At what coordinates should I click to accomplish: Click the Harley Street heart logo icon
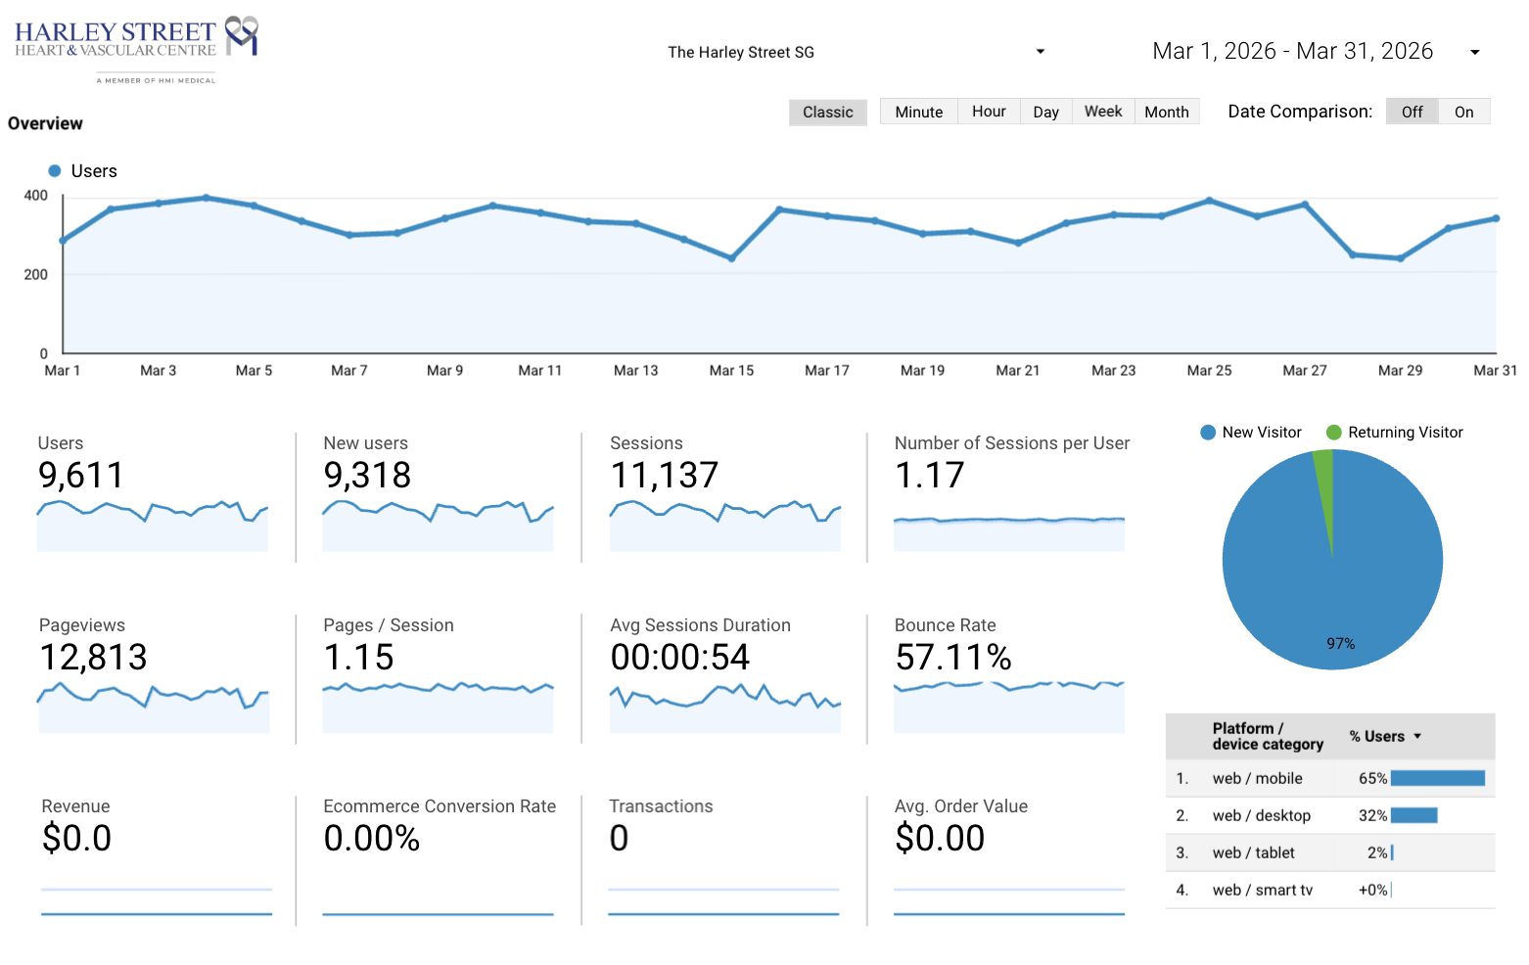pos(242,35)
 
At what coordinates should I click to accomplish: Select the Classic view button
pos(828,112)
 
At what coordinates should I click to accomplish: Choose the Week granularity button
pos(1103,112)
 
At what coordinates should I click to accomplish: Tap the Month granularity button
pos(1167,112)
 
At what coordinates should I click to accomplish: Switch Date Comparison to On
pos(1463,112)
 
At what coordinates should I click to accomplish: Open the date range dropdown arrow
pos(1475,52)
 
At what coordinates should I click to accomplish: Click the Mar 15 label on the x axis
pos(731,371)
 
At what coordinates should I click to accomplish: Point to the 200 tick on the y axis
pos(35,274)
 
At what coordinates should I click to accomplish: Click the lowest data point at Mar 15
pos(732,258)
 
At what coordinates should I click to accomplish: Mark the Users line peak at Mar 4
pos(207,198)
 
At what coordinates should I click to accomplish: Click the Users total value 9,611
pos(81,475)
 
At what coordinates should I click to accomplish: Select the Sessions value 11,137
pos(664,475)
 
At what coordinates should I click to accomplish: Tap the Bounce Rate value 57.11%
pos(952,658)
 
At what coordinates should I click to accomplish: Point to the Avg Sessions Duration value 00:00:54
pos(680,658)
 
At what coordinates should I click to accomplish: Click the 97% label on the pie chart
pos(1341,644)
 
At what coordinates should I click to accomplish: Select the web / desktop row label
pos(1262,815)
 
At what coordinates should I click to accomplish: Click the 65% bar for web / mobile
pos(1438,778)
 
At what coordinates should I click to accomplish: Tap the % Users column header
pos(1376,736)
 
